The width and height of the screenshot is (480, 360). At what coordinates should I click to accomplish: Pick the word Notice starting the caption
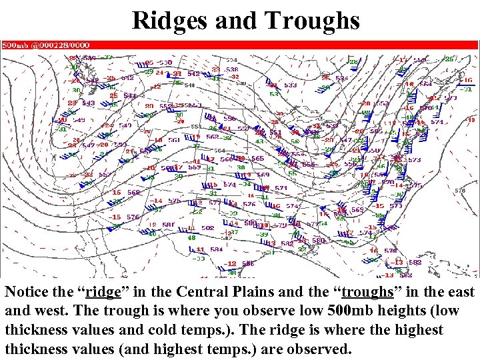point(30,292)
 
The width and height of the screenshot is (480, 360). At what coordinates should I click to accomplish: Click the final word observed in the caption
point(313,349)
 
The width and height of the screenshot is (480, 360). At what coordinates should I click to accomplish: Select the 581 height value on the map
point(168,225)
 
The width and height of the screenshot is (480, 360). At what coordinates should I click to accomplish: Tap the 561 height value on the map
point(174,140)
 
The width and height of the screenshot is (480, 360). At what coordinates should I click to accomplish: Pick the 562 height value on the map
point(211,137)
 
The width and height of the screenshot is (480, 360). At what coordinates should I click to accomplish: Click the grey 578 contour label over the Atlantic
point(459,191)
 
